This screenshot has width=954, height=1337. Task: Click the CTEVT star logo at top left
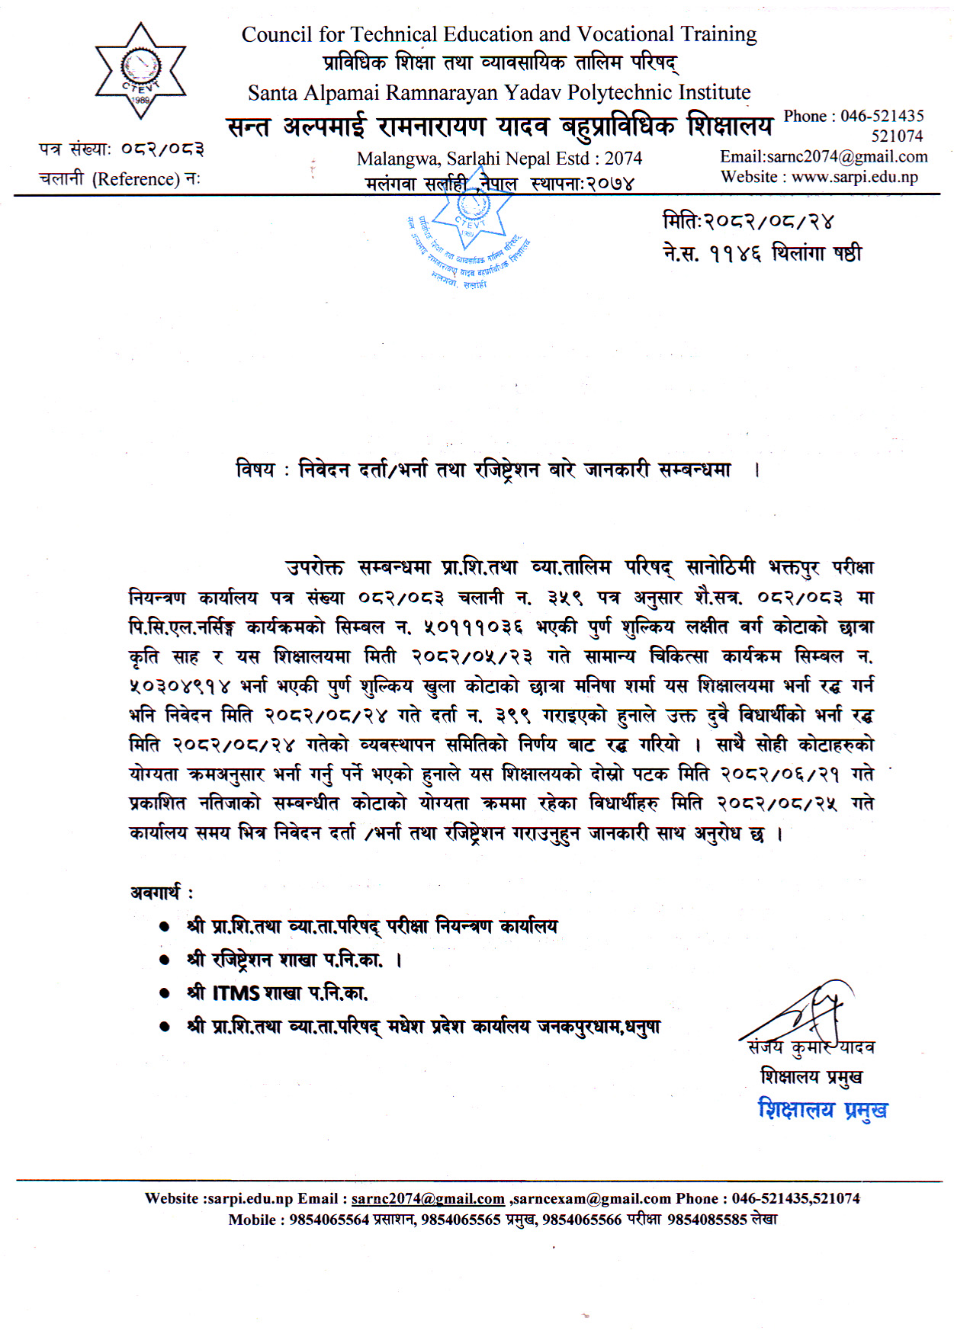140,71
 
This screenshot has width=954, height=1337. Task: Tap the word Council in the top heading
277,34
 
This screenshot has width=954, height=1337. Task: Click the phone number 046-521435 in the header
882,116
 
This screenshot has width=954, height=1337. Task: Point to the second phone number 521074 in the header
898,136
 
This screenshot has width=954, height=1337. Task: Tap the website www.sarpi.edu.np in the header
854,177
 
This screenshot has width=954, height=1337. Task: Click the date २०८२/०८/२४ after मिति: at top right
768,222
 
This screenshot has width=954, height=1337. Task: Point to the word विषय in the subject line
255,470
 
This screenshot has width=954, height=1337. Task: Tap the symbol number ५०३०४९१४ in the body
179,686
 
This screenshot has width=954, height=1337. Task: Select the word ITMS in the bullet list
236,993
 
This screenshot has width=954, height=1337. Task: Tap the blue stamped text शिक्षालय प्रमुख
822,1110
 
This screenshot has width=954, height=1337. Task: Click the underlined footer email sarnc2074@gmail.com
428,1198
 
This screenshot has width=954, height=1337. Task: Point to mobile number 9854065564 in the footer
329,1220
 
